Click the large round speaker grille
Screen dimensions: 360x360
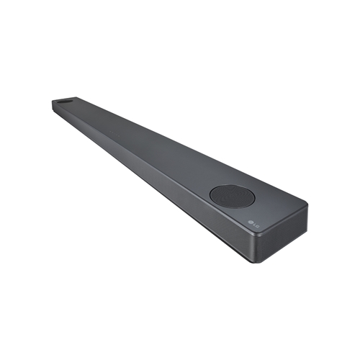(x=233, y=197)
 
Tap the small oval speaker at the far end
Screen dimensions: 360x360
(x=66, y=102)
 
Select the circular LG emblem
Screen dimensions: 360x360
(x=251, y=222)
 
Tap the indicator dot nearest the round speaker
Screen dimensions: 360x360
(x=119, y=136)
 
